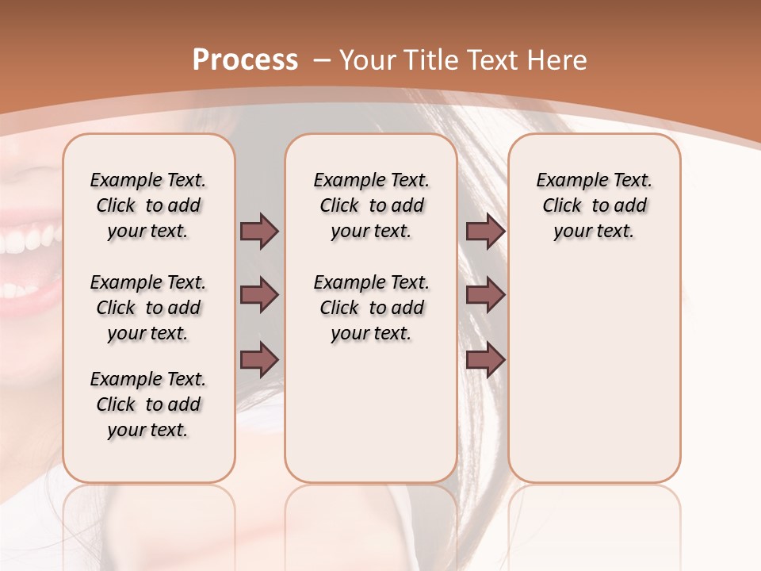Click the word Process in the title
pyautogui.click(x=245, y=60)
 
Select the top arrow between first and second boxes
pyautogui.click(x=259, y=231)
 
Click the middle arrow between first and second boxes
pyautogui.click(x=259, y=295)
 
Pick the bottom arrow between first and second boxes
pyautogui.click(x=259, y=359)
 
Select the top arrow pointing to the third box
pyautogui.click(x=485, y=231)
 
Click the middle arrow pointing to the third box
pyautogui.click(x=485, y=295)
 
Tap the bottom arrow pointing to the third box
pyautogui.click(x=485, y=359)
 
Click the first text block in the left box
pyautogui.click(x=148, y=205)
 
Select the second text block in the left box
pyautogui.click(x=148, y=308)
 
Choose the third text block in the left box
pyautogui.click(x=148, y=404)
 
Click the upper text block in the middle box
pyautogui.click(x=371, y=205)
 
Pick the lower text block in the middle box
pyautogui.click(x=371, y=308)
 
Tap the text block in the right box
pyautogui.click(x=594, y=205)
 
